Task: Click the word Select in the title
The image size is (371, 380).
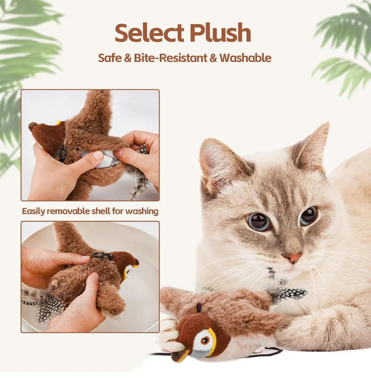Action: (149, 33)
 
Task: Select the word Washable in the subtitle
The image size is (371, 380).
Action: (245, 58)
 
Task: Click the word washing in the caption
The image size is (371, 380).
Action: (142, 211)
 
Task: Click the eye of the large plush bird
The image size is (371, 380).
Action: (205, 340)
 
